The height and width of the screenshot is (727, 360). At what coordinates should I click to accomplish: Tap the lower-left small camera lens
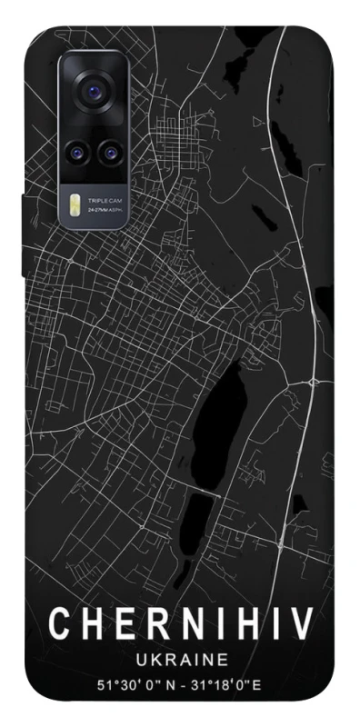point(78,150)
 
